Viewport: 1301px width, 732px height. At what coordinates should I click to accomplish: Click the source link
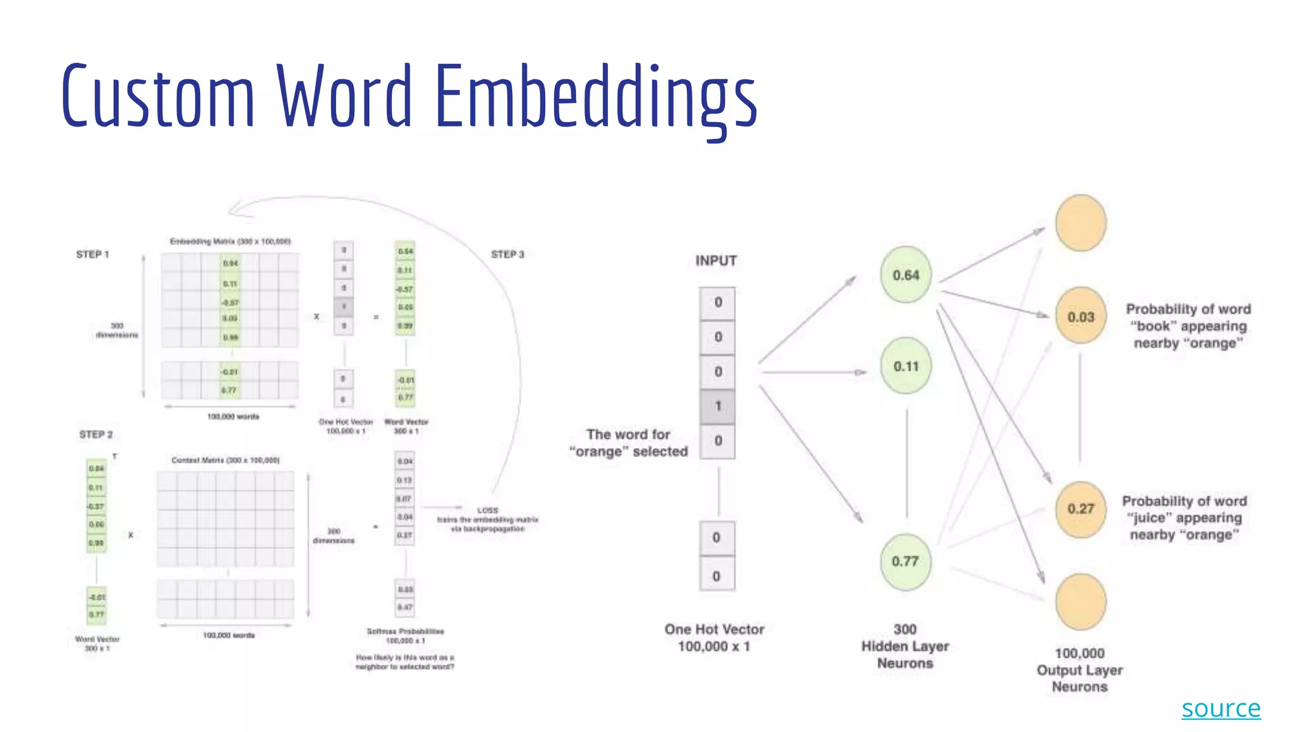click(x=1220, y=708)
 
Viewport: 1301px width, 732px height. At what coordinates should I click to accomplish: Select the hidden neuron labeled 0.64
click(x=905, y=275)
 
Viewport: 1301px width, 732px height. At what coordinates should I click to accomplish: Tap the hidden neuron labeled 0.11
click(x=906, y=366)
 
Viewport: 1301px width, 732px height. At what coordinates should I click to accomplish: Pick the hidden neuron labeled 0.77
click(x=905, y=561)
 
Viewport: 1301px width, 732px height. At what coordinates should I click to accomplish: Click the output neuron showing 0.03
click(x=1081, y=316)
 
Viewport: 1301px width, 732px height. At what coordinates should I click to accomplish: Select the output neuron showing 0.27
click(x=1081, y=508)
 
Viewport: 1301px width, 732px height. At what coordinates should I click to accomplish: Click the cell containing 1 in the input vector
click(x=718, y=406)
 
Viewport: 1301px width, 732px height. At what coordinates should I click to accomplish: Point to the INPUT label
click(x=716, y=261)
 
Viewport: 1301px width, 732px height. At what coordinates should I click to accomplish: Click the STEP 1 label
click(x=93, y=254)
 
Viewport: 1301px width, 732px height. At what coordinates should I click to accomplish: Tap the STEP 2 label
click(x=96, y=435)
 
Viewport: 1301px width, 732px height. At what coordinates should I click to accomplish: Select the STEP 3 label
click(x=508, y=254)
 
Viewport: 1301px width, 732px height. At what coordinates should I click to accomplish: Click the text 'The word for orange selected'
click(x=628, y=443)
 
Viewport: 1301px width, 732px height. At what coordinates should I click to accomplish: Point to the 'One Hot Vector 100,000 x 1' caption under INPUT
click(x=714, y=637)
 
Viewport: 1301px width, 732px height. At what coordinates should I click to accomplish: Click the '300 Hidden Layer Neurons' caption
click(x=905, y=646)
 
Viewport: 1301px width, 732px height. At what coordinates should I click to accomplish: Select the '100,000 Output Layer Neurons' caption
click(x=1079, y=670)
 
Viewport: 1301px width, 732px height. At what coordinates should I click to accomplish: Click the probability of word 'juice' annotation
click(x=1184, y=518)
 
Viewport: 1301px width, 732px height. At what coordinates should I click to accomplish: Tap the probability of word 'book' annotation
click(x=1188, y=326)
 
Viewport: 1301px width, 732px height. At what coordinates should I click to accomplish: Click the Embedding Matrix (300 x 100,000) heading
click(x=230, y=241)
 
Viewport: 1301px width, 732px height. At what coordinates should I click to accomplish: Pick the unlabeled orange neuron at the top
click(x=1081, y=223)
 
